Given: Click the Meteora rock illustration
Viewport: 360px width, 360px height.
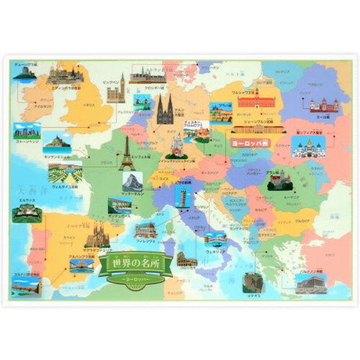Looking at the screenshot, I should click(x=252, y=281).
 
